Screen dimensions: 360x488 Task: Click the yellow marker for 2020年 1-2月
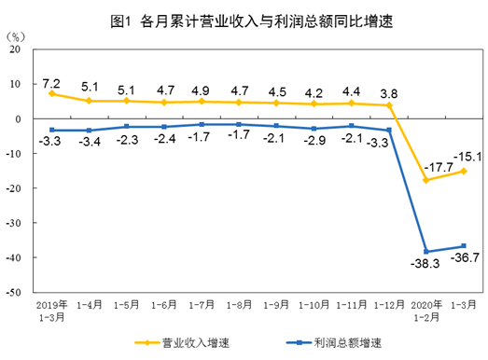[x=426, y=180]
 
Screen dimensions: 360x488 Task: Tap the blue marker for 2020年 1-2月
[x=426, y=252]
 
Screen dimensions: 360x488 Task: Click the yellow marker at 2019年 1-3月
[x=52, y=93]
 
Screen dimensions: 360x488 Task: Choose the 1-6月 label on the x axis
[x=164, y=304]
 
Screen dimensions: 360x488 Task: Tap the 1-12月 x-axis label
[x=388, y=304]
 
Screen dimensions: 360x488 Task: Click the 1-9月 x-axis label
[x=276, y=304]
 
